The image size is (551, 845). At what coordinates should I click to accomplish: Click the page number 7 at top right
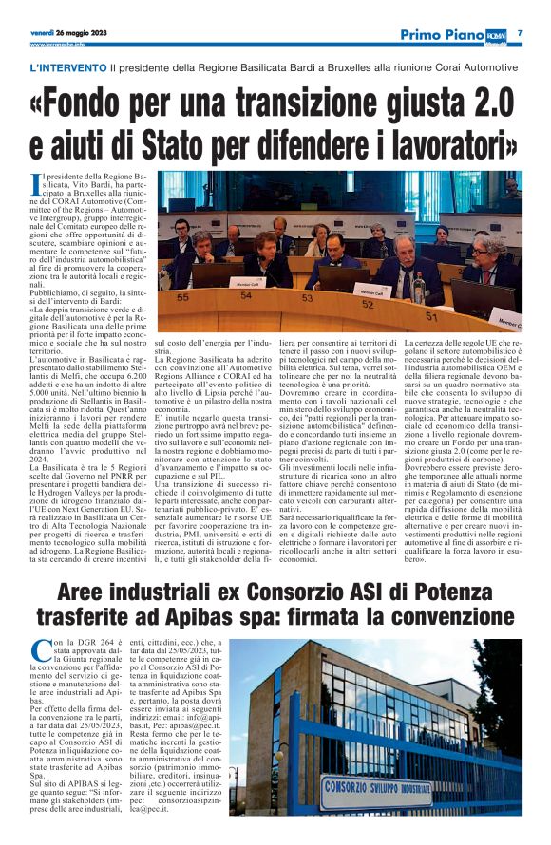pyautogui.click(x=520, y=33)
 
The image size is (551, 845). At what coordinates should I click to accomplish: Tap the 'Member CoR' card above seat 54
pyautogui.click(x=246, y=282)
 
